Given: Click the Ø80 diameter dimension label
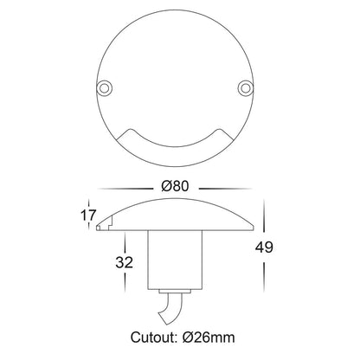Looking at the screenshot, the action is tap(175, 186).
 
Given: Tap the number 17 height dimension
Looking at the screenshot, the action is tap(87, 215).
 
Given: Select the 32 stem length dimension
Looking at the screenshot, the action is tap(125, 262).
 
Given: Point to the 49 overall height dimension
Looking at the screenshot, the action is tap(264, 247).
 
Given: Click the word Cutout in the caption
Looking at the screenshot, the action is tap(154, 337).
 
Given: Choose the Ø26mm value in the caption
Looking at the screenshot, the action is tap(209, 337).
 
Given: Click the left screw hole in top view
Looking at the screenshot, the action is tap(104, 87).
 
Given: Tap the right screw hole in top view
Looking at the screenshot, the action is tap(245, 87).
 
